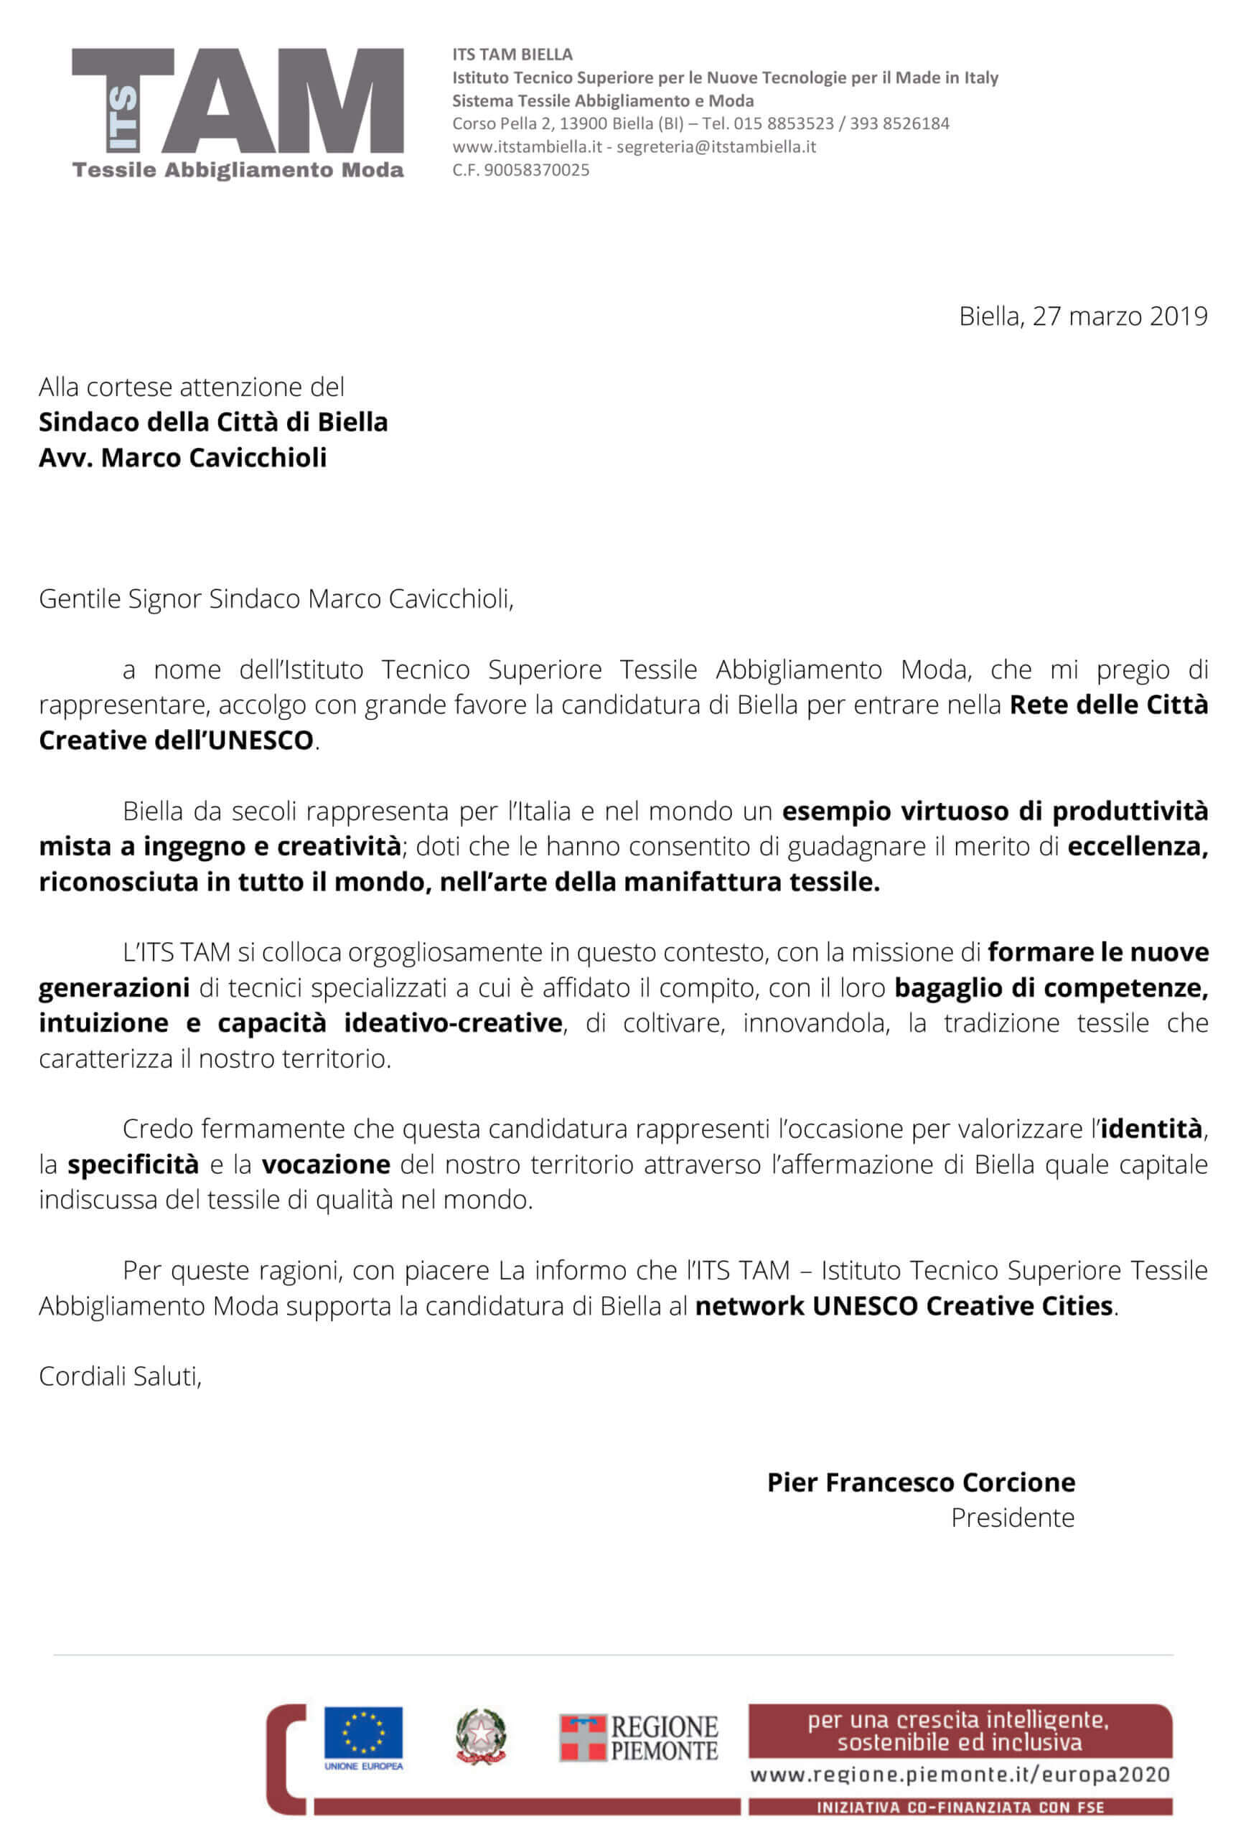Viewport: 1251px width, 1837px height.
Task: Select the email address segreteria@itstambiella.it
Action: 716,147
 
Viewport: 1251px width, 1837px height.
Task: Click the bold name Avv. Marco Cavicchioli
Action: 183,458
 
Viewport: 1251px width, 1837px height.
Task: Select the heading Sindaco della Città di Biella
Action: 213,422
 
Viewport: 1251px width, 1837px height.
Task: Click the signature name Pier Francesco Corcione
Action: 920,1482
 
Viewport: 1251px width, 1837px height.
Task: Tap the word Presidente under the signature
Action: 1012,1518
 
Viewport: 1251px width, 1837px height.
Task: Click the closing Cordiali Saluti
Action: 120,1376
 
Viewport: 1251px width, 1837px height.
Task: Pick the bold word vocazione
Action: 326,1165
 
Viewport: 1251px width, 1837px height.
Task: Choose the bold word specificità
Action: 133,1165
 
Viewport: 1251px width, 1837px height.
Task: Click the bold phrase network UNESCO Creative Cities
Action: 903,1306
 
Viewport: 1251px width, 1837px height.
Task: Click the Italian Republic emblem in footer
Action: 481,1736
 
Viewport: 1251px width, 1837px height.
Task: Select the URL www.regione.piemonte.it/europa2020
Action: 959,1775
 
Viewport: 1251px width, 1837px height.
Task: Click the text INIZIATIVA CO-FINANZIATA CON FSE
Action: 960,1808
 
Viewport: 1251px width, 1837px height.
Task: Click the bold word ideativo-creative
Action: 452,1023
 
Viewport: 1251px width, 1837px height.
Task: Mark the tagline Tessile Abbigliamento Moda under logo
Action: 238,170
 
